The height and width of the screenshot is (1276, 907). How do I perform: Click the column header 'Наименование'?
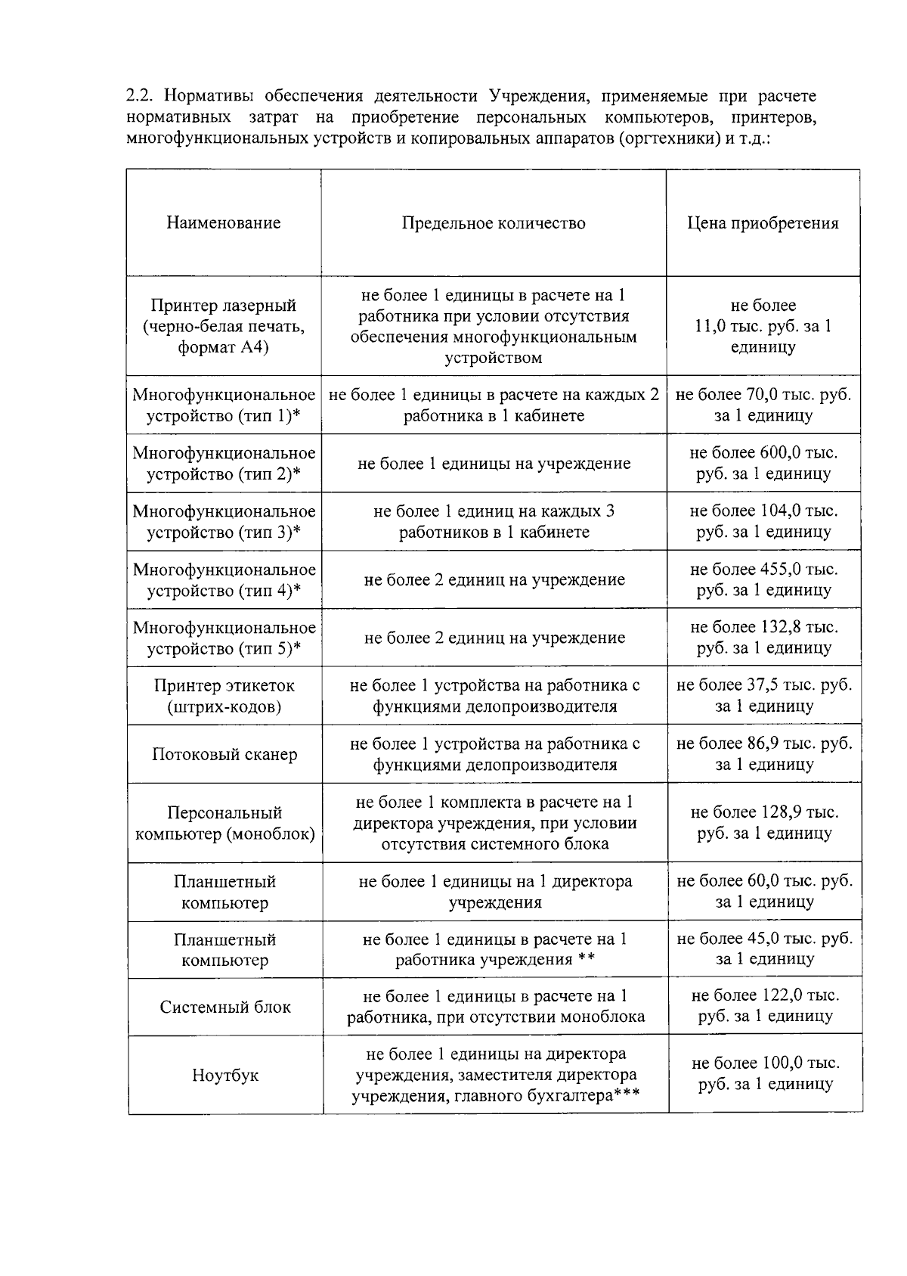pyautogui.click(x=224, y=223)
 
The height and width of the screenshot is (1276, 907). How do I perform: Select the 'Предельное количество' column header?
pyautogui.click(x=494, y=223)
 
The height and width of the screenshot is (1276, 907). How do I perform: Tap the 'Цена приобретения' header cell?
pyautogui.click(x=763, y=223)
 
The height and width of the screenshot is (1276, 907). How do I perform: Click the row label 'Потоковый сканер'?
pyautogui.click(x=224, y=754)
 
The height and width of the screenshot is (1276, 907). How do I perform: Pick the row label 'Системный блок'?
pyautogui.click(x=225, y=1007)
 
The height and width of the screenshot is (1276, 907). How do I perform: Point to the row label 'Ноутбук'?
pyautogui.click(x=225, y=1075)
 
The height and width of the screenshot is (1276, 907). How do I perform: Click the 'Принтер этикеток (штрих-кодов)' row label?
pyautogui.click(x=224, y=696)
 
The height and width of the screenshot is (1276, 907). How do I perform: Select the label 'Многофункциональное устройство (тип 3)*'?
pyautogui.click(x=224, y=522)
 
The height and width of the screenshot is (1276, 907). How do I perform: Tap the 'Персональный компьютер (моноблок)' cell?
pyautogui.click(x=224, y=823)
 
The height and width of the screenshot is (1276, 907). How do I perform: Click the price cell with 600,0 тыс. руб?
pyautogui.click(x=763, y=464)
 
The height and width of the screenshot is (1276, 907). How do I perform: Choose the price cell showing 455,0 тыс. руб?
pyautogui.click(x=763, y=580)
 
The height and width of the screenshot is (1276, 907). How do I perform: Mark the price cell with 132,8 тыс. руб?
pyautogui.click(x=763, y=638)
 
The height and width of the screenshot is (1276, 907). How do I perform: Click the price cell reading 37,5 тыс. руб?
pyautogui.click(x=764, y=696)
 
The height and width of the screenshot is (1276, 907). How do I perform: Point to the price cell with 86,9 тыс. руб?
pyautogui.click(x=764, y=754)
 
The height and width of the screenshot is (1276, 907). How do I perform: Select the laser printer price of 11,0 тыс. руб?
pyautogui.click(x=763, y=327)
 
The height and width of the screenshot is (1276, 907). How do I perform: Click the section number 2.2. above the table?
pyautogui.click(x=141, y=97)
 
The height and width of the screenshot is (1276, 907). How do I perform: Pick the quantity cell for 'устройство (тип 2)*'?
pyautogui.click(x=494, y=464)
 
